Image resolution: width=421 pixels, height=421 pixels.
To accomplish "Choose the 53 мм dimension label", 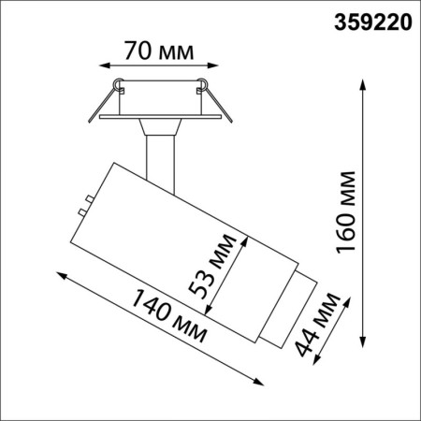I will pos(216,272).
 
